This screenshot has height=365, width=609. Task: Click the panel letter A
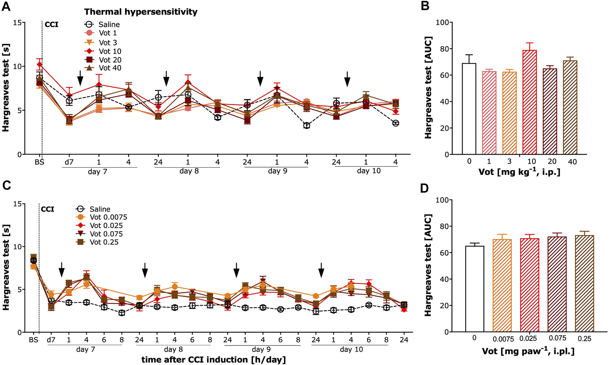[6, 6]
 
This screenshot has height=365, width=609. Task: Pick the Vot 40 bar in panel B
[570, 107]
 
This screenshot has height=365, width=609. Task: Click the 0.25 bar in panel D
[584, 283]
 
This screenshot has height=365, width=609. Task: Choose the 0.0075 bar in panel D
[502, 286]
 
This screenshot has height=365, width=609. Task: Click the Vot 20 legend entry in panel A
[110, 60]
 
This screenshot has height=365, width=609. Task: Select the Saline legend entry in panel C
[100, 209]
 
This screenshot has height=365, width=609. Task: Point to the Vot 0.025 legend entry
[106, 226]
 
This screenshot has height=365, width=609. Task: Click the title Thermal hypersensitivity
[141, 12]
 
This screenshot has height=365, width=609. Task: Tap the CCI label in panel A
[52, 24]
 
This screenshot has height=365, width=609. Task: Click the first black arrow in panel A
[80, 78]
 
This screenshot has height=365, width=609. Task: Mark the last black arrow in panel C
[321, 270]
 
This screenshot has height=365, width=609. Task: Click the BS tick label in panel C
[33, 340]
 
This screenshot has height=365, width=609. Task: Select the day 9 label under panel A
[277, 171]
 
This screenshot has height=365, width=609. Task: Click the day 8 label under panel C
[173, 350]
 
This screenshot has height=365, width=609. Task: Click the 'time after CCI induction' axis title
[213, 360]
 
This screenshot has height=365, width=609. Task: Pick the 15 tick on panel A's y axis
[17, 23]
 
